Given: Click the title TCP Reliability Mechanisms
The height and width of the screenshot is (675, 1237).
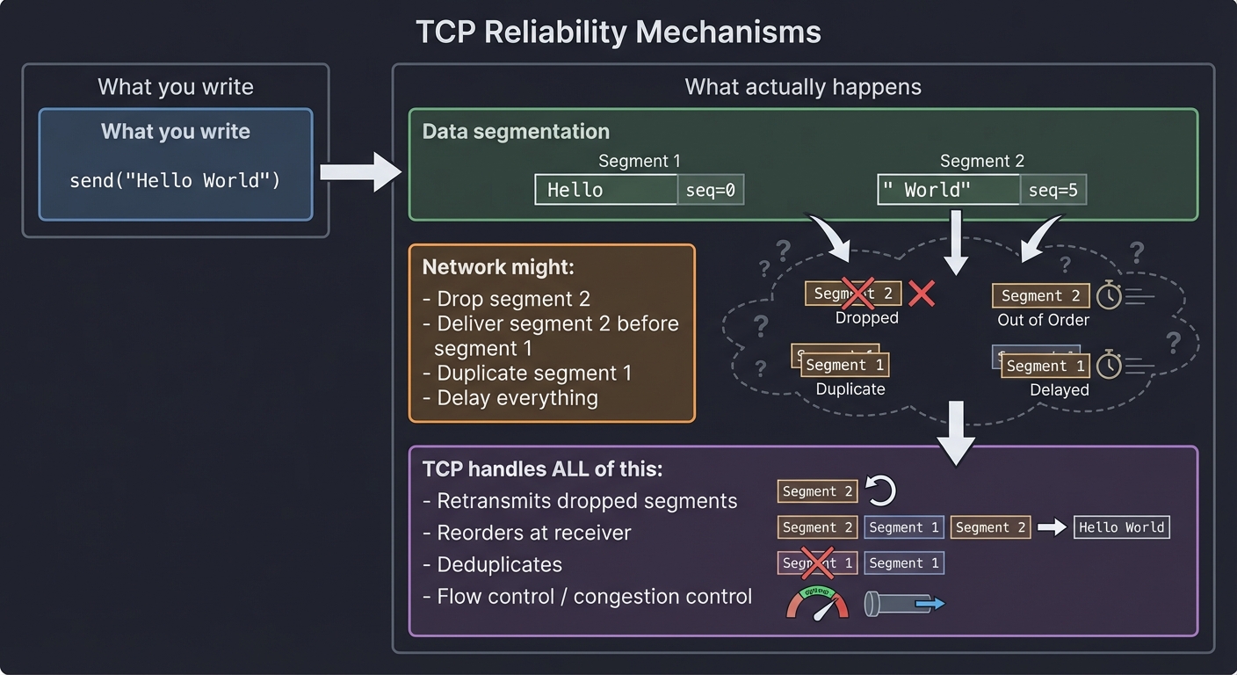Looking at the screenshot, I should point(618,33).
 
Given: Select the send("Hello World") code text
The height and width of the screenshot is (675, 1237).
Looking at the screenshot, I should point(175,181).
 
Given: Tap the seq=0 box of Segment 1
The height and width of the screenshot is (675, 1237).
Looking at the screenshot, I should point(710,190).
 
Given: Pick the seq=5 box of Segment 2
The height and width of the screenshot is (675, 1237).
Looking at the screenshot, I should point(1053,190).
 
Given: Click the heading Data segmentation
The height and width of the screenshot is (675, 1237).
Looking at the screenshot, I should point(516,132).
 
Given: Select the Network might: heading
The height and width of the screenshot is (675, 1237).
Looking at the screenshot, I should point(497,267).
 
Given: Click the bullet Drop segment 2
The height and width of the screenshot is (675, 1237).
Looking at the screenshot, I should point(513,299).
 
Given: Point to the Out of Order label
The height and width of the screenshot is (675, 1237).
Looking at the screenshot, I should point(1043,320).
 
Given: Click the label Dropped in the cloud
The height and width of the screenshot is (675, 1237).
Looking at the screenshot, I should point(866,318).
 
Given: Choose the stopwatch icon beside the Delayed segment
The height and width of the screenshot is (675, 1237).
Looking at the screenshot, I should point(1109,365).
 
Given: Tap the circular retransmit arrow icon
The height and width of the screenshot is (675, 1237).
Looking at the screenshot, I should point(881,491).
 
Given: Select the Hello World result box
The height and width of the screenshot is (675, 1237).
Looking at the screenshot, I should point(1122,527).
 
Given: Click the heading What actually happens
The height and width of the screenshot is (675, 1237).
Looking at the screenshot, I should point(802,87).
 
